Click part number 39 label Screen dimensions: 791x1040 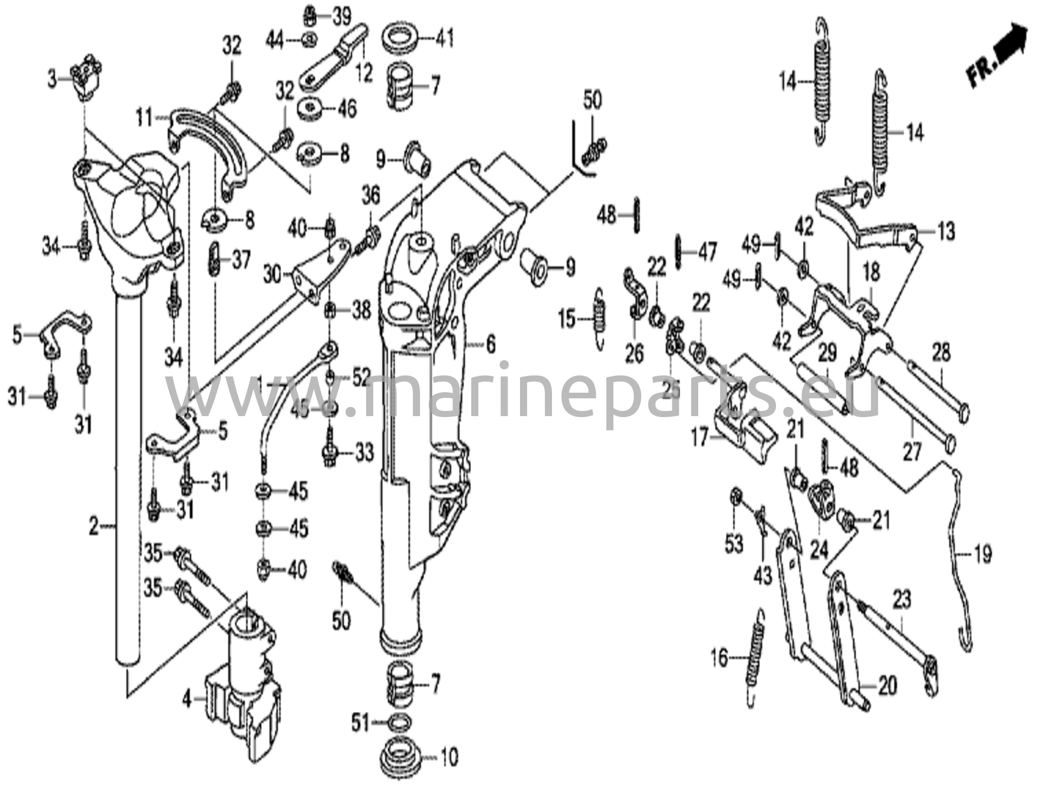[341, 17]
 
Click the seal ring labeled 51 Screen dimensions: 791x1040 [400, 721]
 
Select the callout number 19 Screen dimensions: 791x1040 [983, 554]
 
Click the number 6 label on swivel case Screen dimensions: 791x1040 [490, 345]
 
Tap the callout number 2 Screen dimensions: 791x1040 [93, 527]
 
